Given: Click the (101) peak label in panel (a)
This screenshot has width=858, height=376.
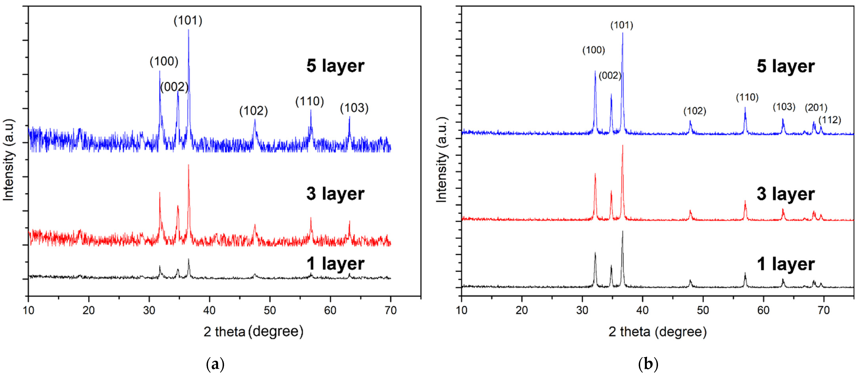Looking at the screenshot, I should click(x=188, y=21).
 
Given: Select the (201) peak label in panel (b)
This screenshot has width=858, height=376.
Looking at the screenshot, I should click(x=816, y=108).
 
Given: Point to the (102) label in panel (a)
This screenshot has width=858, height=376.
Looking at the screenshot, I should click(x=253, y=111).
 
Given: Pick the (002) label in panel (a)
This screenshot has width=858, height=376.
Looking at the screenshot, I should click(x=174, y=87).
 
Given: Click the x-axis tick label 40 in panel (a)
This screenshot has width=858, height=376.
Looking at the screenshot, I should click(x=209, y=310).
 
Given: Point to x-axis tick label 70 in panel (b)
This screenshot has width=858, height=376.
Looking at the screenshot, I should click(x=823, y=310).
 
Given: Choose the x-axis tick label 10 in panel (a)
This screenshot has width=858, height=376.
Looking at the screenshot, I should click(x=28, y=310).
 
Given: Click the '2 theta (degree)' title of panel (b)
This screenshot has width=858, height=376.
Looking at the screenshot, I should click(x=657, y=332).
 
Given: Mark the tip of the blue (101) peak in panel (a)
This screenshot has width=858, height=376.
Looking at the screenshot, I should click(x=188, y=30).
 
